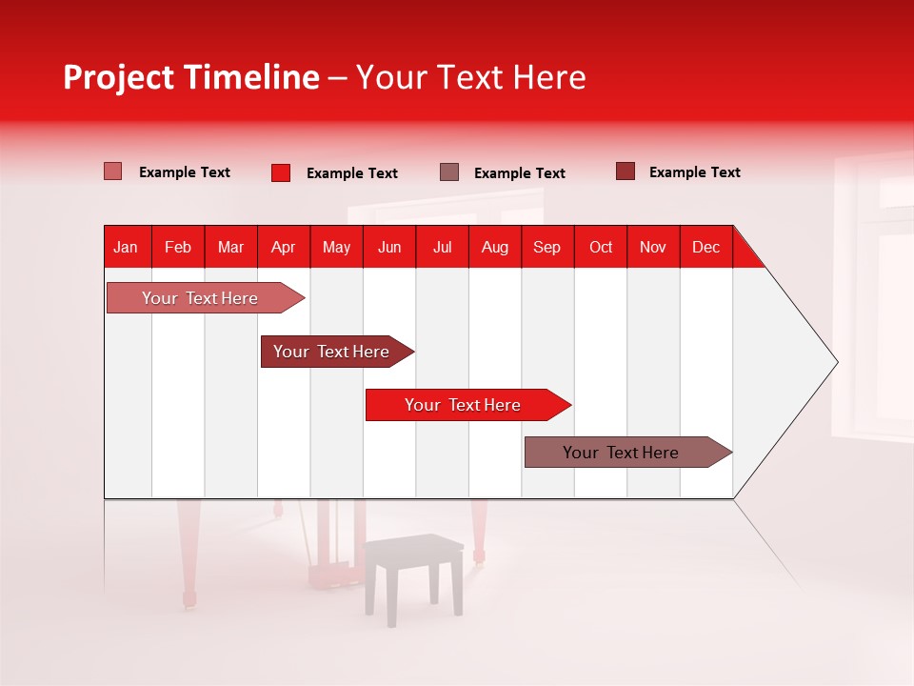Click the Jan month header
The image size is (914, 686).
click(x=127, y=248)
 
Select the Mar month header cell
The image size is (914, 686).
click(x=231, y=248)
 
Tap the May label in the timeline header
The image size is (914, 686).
click(x=336, y=248)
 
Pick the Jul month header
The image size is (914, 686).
click(x=443, y=248)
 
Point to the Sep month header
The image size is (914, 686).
click(x=547, y=248)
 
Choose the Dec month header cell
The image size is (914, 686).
click(x=705, y=248)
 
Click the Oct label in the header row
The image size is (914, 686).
click(x=601, y=248)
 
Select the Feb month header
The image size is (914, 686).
click(x=178, y=248)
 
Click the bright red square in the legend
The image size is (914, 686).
click(x=281, y=172)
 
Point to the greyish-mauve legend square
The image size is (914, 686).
click(x=449, y=172)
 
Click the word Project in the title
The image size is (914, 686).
click(x=118, y=77)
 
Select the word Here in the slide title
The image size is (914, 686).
click(x=549, y=77)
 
